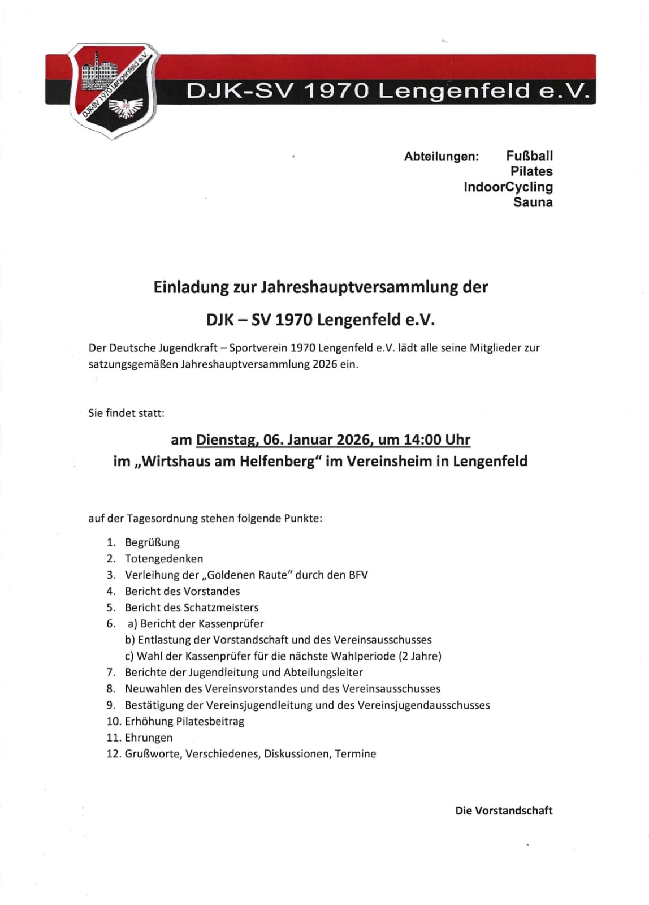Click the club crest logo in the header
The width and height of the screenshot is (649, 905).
pos(113,90)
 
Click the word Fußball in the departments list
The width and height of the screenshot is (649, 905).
pos(529,156)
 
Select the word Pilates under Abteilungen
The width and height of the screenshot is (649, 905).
pos(531,171)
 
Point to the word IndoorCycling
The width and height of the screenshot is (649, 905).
pos(508,187)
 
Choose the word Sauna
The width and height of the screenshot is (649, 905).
pos(533,202)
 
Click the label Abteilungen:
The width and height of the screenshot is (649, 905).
pos(441,157)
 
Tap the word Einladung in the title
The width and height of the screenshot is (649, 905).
pos(191,287)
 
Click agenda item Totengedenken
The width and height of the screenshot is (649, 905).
pos(164,559)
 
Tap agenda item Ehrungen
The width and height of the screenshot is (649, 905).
pos(149,738)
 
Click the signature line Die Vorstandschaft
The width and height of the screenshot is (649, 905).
pos(503,811)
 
